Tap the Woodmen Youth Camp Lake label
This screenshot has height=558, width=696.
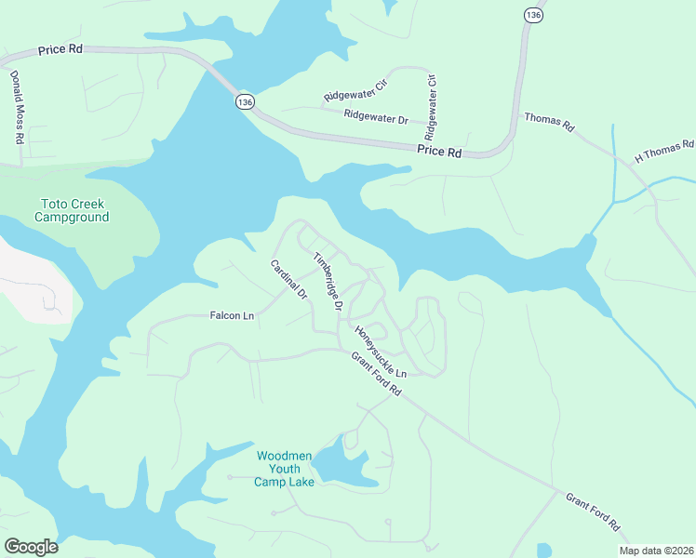(285, 469)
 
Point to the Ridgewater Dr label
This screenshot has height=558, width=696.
(376, 117)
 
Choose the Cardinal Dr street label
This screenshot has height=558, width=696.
(288, 279)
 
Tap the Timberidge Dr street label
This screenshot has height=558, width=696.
(328, 281)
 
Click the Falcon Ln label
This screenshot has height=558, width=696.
(232, 316)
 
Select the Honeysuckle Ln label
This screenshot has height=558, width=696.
(381, 351)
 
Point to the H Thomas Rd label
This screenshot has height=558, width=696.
(664, 151)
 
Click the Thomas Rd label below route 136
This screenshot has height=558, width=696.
(549, 122)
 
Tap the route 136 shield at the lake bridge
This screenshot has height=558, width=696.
(245, 102)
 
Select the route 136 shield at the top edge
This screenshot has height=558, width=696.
(532, 15)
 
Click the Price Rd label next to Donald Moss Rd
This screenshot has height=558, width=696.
(60, 49)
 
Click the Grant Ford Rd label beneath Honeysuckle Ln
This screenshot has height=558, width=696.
(376, 375)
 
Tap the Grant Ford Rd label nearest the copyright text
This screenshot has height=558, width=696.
(593, 511)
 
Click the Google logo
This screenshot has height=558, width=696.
(32, 546)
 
